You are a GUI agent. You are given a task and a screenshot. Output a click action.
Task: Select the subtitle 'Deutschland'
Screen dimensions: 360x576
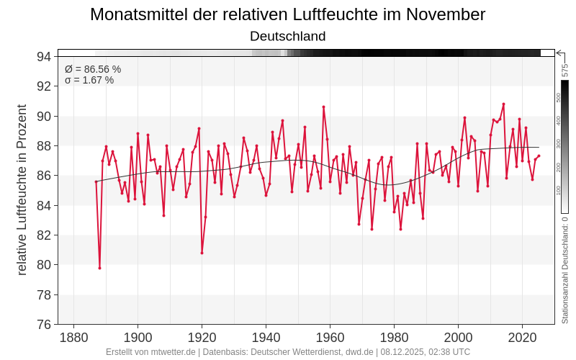288,36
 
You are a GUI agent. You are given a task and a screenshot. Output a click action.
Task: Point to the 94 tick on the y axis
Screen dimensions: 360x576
44,57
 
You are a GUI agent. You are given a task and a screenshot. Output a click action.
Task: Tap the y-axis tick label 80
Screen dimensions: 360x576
44,265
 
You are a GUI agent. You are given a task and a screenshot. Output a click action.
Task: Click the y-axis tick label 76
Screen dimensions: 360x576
44,325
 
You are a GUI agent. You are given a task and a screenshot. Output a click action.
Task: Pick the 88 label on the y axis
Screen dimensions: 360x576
44,146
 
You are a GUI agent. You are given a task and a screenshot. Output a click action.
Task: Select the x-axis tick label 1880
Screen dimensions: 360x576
73,338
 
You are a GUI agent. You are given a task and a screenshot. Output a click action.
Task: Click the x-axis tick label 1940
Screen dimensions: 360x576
266,338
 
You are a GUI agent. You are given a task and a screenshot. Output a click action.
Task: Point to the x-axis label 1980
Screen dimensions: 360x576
394,338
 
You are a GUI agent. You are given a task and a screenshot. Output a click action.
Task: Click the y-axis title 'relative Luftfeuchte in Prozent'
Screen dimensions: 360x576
22,190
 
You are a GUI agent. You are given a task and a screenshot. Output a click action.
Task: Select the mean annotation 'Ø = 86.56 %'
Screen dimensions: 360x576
93,69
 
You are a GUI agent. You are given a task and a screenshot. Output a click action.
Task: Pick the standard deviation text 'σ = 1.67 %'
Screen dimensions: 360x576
89,80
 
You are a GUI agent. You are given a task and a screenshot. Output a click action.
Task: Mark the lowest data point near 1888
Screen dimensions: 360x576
99,268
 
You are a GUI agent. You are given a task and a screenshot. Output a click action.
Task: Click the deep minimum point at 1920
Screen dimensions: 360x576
202,253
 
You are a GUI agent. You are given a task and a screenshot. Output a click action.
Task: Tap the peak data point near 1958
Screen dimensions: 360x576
324,107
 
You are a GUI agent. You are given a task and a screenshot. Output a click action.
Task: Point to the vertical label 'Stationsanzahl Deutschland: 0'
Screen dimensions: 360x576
565,273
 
